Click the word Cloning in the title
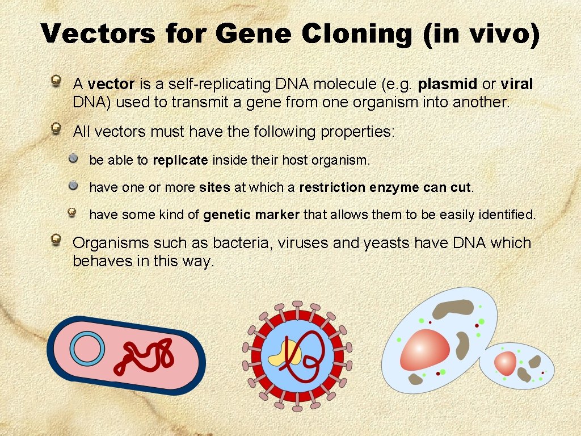tap(357, 34)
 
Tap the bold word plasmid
tap(447, 85)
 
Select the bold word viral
tap(517, 85)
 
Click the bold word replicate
tap(180, 161)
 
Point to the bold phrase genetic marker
tap(251, 215)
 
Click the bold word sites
tap(214, 188)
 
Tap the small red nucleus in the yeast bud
tap(505, 363)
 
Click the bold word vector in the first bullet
tap(111, 85)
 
